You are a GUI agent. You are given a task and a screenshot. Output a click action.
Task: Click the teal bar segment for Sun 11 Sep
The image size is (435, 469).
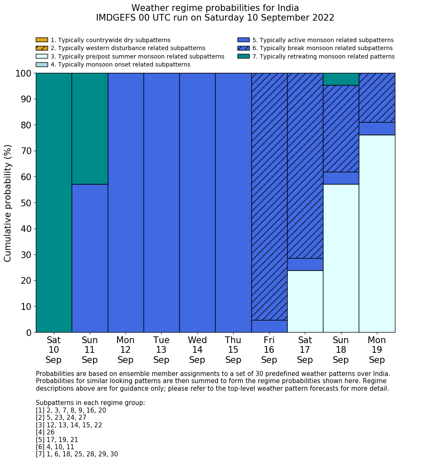pos(90,128)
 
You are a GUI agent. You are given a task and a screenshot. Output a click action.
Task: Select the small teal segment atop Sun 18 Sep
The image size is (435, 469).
pos(341,79)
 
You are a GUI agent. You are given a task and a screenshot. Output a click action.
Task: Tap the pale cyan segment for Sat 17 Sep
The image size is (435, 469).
pos(305,301)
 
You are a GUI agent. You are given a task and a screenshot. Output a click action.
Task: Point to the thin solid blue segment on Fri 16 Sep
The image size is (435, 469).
pos(269,326)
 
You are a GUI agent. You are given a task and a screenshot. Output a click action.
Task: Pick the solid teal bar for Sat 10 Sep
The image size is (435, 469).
pos(53,203)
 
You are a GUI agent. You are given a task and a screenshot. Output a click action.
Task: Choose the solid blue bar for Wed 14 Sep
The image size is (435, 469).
pos(197,203)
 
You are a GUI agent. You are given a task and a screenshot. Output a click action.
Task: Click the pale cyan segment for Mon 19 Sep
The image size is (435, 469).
pos(377,234)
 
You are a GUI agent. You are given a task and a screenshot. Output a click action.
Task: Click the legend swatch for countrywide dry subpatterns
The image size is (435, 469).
pos(42,40)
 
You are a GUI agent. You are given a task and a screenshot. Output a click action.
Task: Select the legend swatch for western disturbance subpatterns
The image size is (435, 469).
pos(42,48)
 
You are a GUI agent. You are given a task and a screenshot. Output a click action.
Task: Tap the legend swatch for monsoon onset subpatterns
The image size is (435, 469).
pos(42,64)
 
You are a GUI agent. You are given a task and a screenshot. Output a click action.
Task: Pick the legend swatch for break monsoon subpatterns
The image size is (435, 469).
pos(243,48)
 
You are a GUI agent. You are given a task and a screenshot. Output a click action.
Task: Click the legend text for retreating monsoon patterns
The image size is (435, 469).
pos(323,56)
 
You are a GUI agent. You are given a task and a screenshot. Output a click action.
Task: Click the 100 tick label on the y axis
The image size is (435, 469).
pos(23,73)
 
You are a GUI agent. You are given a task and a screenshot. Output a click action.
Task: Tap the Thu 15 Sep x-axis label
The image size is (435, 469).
pos(233,350)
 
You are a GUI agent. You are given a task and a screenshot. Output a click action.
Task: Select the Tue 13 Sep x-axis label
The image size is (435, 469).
pos(161,350)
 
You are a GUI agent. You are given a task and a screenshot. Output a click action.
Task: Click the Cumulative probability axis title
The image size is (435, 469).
pos(8,203)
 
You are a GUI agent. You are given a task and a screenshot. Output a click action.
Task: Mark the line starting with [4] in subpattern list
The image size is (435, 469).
pos(45,432)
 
